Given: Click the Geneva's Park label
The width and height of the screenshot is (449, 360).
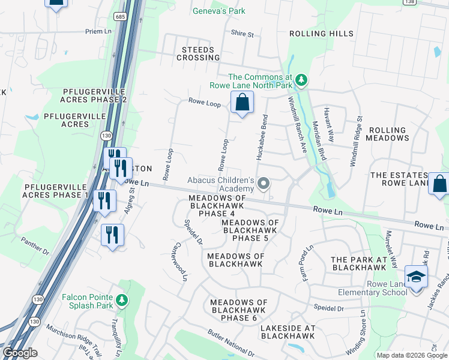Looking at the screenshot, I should (x=218, y=11).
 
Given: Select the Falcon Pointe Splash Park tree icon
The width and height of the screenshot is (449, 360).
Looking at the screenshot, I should (x=122, y=299).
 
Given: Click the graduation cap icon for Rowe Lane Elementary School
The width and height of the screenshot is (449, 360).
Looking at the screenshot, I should (x=416, y=276).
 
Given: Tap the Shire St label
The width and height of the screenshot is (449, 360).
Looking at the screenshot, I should (x=243, y=34).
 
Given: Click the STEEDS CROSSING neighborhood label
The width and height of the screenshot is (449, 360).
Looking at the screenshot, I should (x=198, y=53).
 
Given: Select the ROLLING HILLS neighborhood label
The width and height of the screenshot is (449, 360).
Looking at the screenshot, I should (x=321, y=34).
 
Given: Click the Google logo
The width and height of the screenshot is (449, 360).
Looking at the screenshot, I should (x=19, y=353).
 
